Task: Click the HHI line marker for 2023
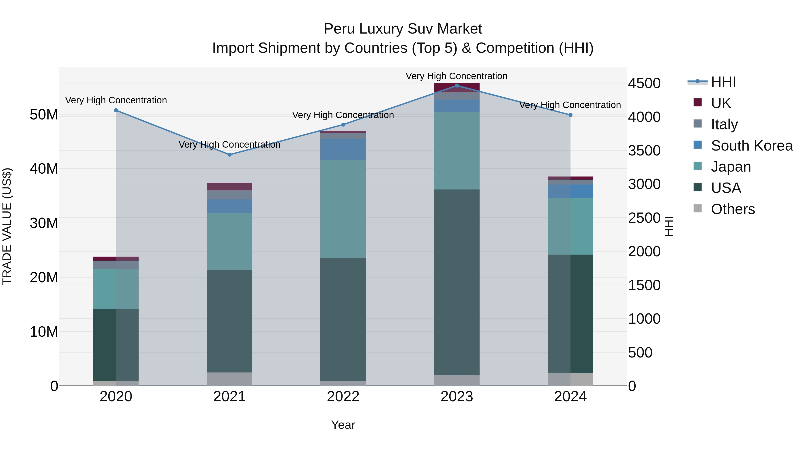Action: point(457,85)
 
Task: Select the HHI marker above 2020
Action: point(116,110)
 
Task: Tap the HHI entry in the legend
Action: point(723,82)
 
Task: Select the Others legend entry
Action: point(733,209)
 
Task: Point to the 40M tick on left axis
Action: point(44,169)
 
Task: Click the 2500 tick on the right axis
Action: point(644,218)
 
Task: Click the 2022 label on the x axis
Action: point(343,397)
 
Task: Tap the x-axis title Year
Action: point(343,425)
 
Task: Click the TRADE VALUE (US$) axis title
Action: point(7,226)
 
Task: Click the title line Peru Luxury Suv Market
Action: point(403,29)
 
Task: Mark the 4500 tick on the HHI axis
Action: point(644,83)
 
